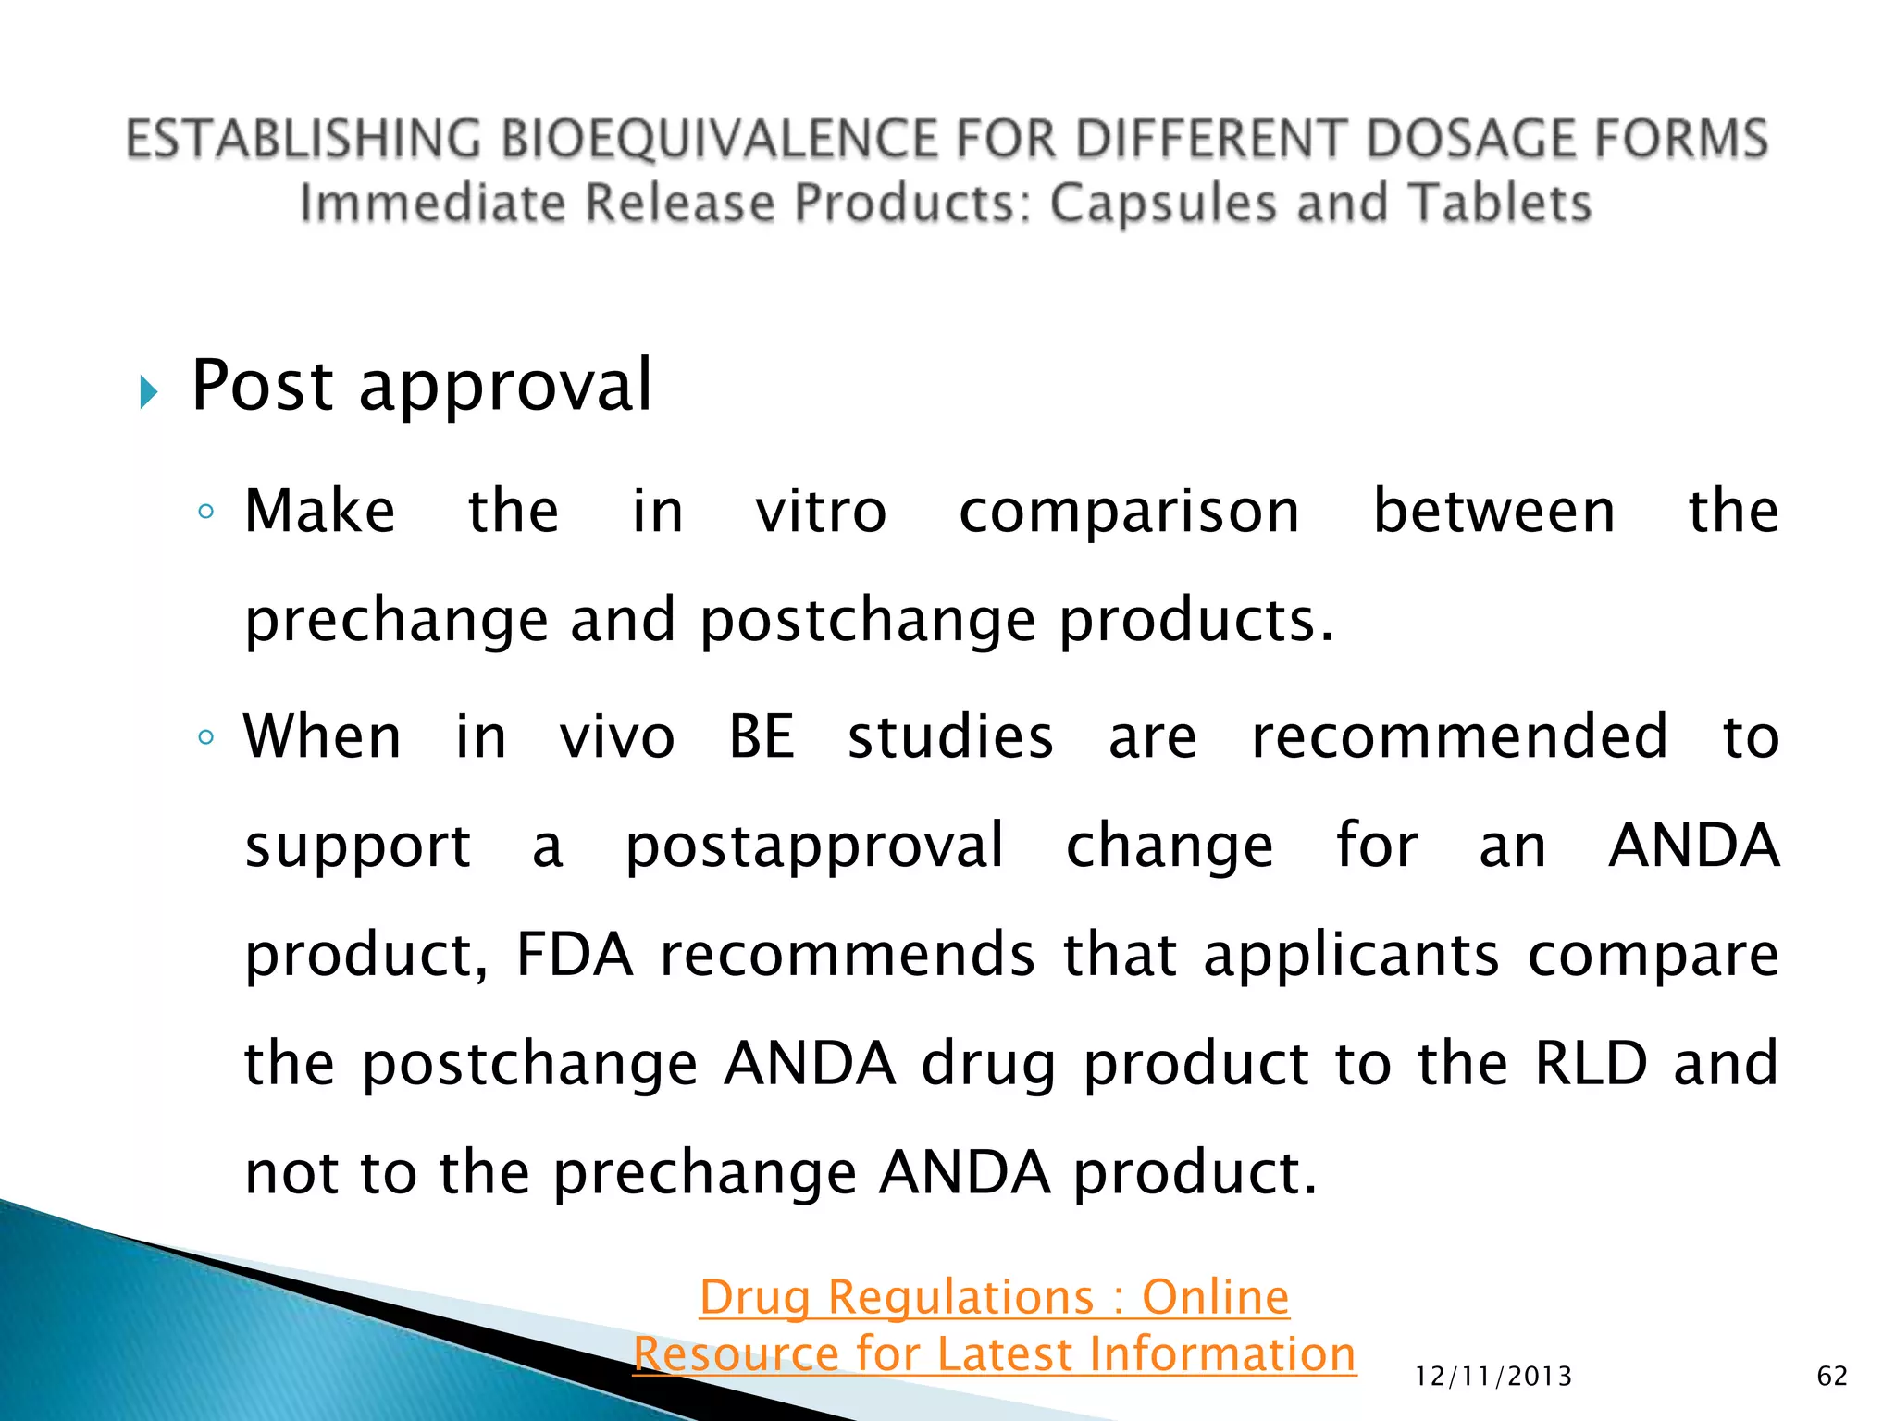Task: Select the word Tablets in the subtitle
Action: click(1499, 204)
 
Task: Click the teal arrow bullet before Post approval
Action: click(148, 392)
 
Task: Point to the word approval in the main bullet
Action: click(505, 387)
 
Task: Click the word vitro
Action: click(821, 511)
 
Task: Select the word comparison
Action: click(1129, 513)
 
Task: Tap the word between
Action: click(1493, 511)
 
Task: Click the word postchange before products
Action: click(867, 621)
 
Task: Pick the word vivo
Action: click(617, 737)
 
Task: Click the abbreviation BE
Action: click(762, 737)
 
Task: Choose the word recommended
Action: click(1459, 737)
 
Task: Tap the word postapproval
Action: click(814, 846)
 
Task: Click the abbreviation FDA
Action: click(575, 955)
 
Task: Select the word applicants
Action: click(1351, 955)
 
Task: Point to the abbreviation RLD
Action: click(1591, 1064)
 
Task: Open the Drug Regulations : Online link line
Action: click(994, 1297)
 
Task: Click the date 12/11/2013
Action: click(1493, 1377)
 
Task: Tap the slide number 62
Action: click(1832, 1377)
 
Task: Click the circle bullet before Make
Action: click(206, 512)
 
